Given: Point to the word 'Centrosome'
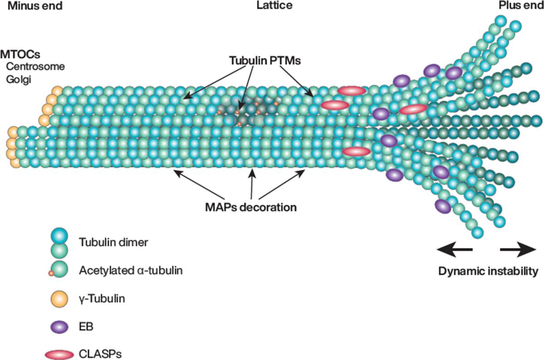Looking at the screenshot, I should tap(35, 67).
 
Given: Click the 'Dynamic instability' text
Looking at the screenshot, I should tap(488, 271).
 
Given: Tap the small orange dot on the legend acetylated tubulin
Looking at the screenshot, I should tap(51, 273).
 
